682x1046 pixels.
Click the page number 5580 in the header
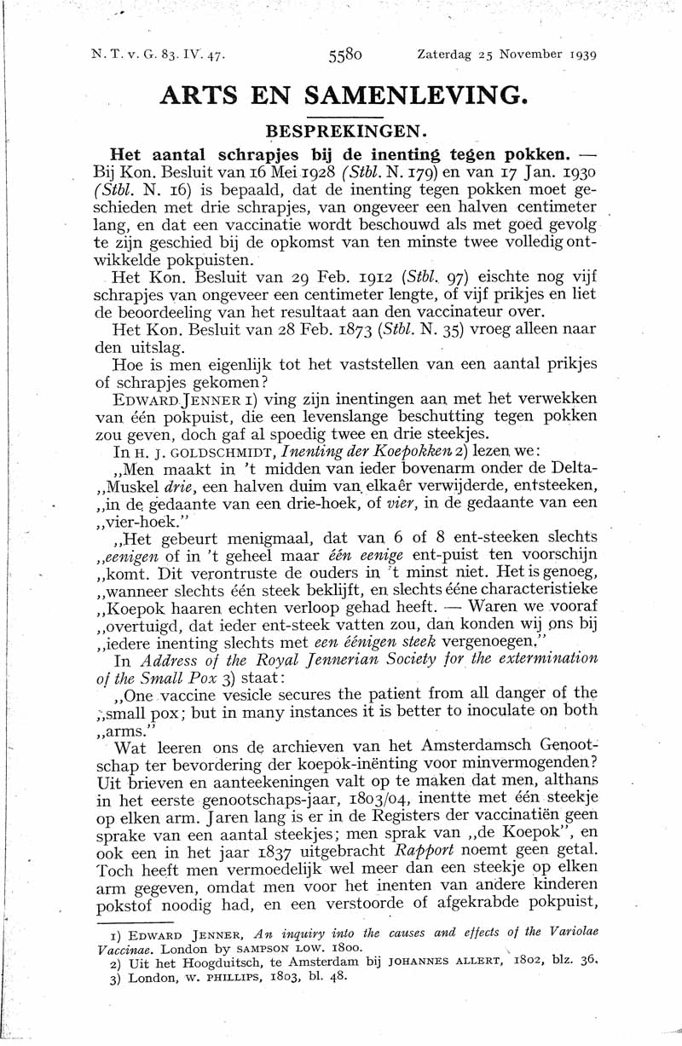tap(345, 55)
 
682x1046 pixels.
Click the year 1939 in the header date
tap(579, 55)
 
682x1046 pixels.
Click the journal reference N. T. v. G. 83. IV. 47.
tap(159, 55)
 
